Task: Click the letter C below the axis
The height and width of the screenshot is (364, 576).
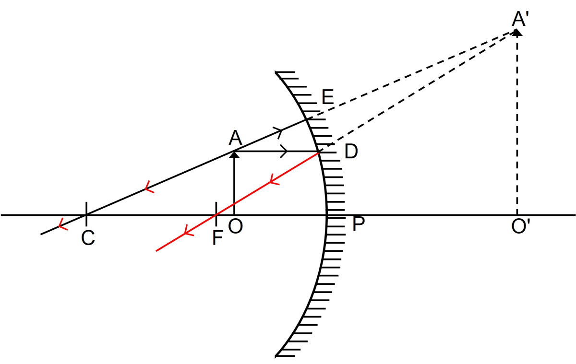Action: point(88,238)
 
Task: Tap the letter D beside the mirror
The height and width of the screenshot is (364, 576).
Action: point(351,152)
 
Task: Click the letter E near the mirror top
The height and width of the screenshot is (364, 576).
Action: point(327,97)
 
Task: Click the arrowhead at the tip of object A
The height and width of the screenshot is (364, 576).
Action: point(234,153)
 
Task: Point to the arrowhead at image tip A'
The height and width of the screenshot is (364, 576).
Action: point(517,32)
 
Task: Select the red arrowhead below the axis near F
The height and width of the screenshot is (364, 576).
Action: point(187,232)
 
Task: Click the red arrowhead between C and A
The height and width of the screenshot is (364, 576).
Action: point(148,188)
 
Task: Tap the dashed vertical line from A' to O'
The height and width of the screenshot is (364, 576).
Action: point(517,125)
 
